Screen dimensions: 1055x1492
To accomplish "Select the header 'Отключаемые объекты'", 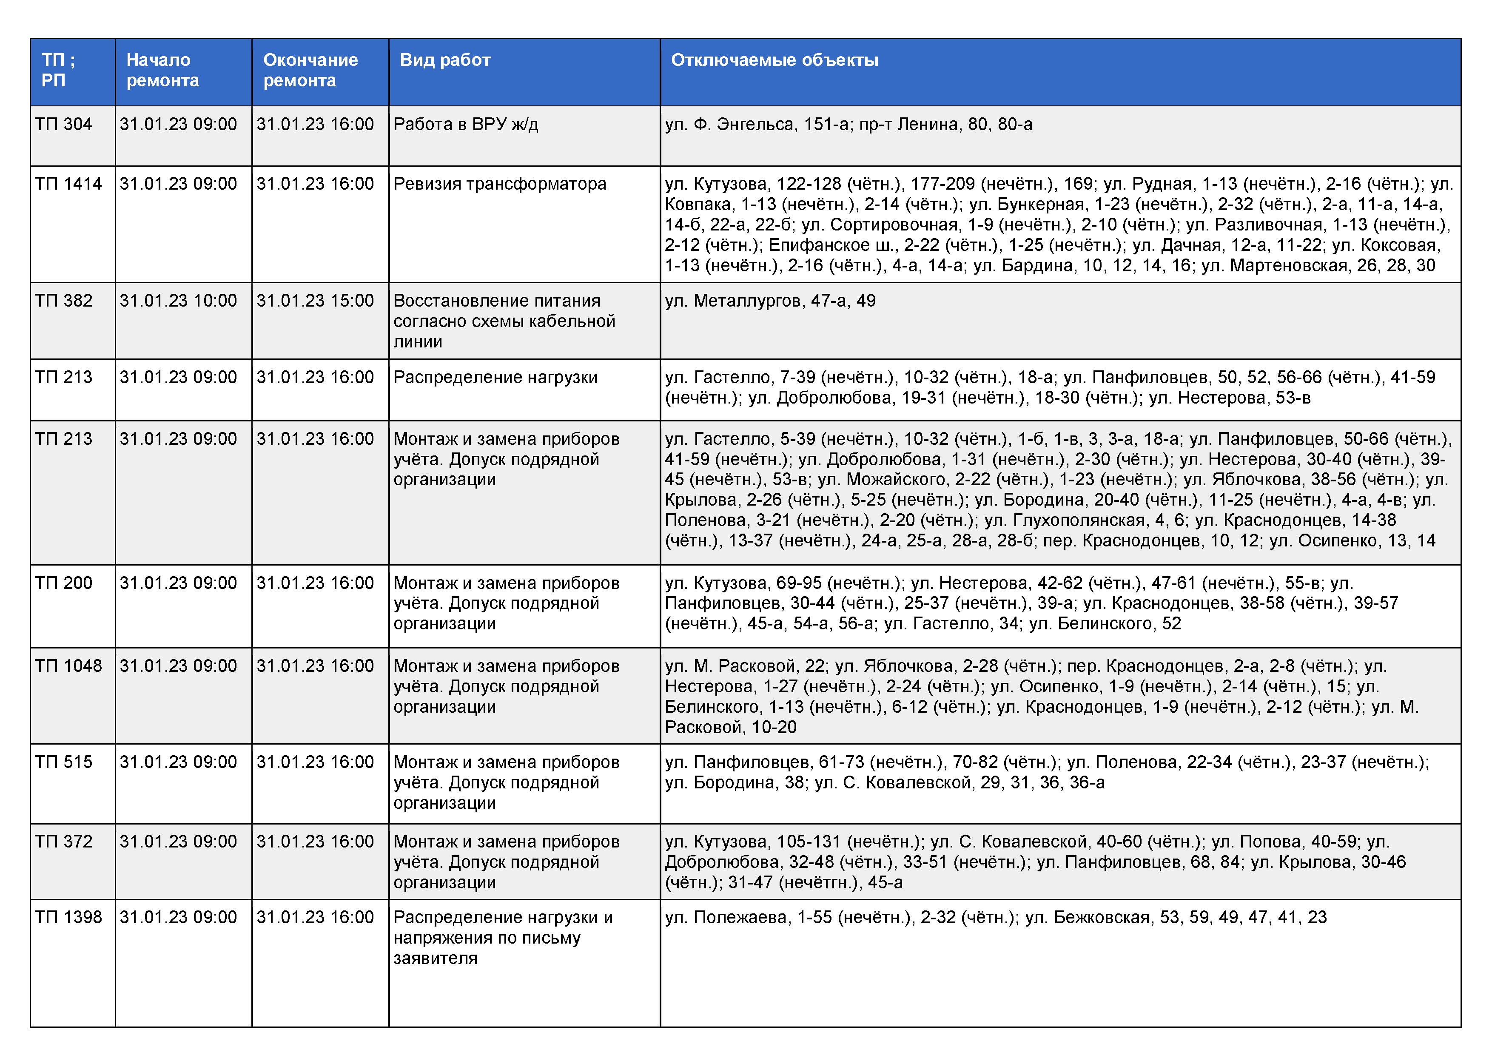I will click(774, 60).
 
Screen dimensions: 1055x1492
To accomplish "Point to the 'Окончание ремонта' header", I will click(310, 70).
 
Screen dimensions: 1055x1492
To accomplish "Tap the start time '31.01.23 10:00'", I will click(178, 301).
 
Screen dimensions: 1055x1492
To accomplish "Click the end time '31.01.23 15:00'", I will click(315, 301).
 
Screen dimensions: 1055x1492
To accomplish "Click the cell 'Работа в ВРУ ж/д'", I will click(465, 124).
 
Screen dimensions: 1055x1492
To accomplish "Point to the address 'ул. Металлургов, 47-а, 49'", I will click(770, 301).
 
